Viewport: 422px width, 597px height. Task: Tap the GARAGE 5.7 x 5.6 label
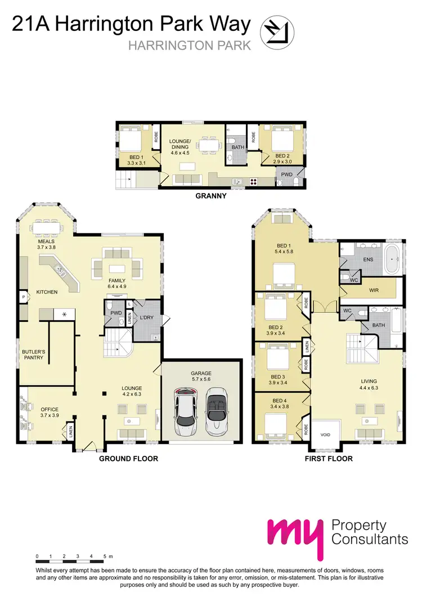click(201, 376)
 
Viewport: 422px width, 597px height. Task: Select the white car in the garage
click(185, 411)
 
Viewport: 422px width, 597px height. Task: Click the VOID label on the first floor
click(325, 435)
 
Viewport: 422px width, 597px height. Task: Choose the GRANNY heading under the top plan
click(210, 196)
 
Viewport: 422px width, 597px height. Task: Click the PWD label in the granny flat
click(287, 174)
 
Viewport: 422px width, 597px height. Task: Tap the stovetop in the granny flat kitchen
click(253, 181)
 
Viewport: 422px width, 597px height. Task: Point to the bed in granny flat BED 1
click(132, 138)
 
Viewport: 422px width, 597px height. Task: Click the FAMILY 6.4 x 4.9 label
click(117, 283)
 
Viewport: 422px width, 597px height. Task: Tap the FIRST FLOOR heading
click(328, 459)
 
